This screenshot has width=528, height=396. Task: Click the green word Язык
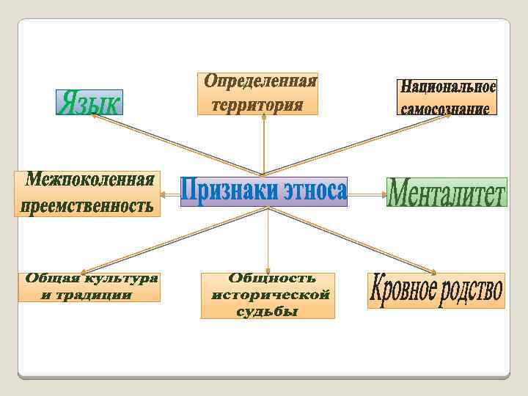pos(89,102)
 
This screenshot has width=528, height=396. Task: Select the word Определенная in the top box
pos(260,81)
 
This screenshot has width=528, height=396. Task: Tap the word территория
pos(257,105)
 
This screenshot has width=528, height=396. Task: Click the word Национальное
pos(447,87)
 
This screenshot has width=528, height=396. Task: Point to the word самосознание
pos(444,108)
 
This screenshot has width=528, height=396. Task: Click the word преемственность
pos(86,206)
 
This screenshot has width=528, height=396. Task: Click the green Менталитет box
pos(446,192)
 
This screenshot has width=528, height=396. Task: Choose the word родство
pos(471,290)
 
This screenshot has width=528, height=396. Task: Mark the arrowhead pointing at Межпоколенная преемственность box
pos(164,194)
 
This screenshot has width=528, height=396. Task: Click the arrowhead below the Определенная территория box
pos(263,120)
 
